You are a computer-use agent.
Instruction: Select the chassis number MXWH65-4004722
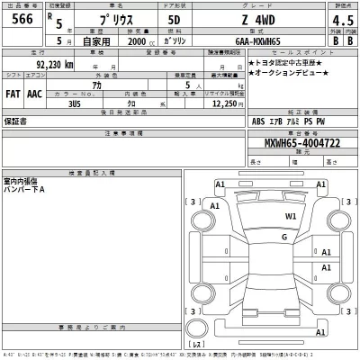[x=285, y=142]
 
